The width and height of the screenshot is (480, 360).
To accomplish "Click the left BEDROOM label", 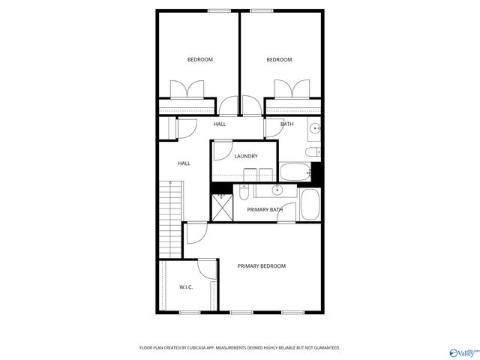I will click(200, 60).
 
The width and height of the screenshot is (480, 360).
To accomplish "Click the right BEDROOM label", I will click(280, 60).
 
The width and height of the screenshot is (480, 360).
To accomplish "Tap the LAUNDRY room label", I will click(246, 156).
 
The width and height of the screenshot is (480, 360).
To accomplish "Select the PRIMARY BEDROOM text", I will click(261, 266).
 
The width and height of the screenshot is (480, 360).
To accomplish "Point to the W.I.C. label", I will click(186, 287).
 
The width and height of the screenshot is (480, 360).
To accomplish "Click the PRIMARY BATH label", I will click(265, 209).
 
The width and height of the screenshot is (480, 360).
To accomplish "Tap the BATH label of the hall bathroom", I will click(287, 124).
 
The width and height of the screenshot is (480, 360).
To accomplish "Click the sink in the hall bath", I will click(315, 129).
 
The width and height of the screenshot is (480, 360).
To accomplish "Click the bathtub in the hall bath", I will click(294, 172).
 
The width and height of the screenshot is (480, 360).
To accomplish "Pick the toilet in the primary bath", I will click(244, 193).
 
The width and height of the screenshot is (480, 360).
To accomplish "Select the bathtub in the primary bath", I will click(310, 204).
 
